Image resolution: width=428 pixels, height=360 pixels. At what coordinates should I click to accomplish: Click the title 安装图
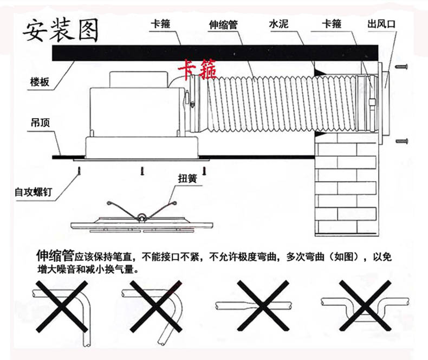(60, 31)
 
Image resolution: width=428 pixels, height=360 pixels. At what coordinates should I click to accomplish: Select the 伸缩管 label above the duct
(224, 24)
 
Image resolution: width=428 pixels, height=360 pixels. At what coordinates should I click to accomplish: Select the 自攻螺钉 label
(33, 191)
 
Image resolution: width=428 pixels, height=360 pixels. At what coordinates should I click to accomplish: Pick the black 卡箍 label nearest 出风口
(332, 24)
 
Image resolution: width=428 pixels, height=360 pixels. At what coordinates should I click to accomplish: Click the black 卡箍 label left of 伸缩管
(159, 24)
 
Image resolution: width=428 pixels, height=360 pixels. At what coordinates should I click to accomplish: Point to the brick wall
(345, 184)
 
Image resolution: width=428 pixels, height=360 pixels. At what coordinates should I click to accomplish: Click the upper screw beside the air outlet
(402, 67)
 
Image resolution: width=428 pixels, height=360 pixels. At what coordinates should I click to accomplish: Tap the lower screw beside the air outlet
(402, 141)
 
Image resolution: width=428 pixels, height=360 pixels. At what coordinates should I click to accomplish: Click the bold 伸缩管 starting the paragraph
(54, 255)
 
